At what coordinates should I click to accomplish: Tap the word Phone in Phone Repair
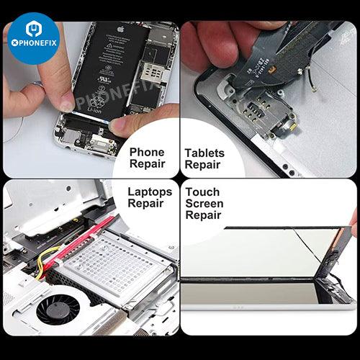tap(147, 153)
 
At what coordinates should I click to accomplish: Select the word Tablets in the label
tap(204, 153)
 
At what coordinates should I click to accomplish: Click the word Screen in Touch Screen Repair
tap(204, 204)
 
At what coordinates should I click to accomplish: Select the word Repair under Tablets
tap(202, 165)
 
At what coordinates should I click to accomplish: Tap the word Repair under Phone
tap(148, 164)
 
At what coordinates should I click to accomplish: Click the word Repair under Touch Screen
tap(204, 215)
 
